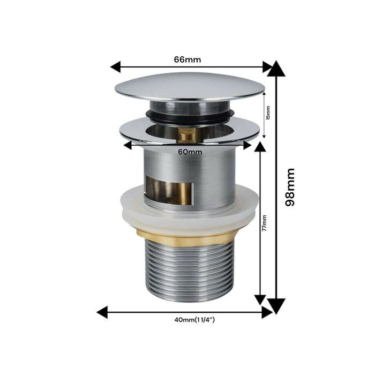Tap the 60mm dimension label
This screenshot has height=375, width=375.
(x=190, y=152)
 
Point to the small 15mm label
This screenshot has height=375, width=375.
(x=268, y=113)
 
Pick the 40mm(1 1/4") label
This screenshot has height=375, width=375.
(x=191, y=320)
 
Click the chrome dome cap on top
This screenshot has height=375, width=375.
(x=189, y=86)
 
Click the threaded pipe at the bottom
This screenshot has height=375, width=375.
(x=189, y=273)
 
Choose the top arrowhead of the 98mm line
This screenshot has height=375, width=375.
(x=276, y=69)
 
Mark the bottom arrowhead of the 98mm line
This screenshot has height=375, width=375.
(x=276, y=306)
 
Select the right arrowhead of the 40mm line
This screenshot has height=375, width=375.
(x=267, y=312)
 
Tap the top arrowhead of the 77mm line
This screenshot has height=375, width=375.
(x=260, y=147)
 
